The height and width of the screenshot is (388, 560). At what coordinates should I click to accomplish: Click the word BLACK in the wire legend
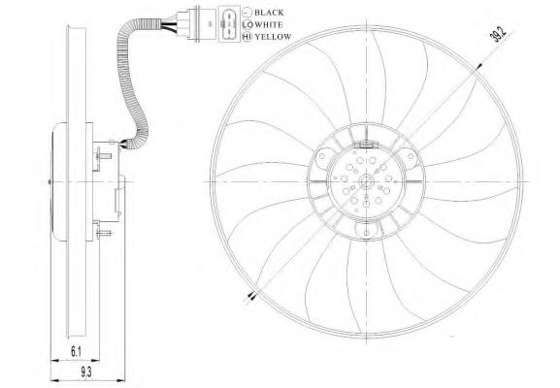point(269,13)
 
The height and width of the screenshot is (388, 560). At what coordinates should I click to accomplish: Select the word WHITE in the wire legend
point(268,24)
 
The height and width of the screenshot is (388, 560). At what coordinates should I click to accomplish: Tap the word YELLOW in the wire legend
point(274,37)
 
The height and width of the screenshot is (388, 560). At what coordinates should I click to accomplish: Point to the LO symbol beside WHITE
point(247,24)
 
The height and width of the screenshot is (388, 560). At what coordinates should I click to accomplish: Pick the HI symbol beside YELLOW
point(247,37)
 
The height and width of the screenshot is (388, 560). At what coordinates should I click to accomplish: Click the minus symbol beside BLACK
point(247,13)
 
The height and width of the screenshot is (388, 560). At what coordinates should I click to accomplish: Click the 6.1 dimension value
point(76,352)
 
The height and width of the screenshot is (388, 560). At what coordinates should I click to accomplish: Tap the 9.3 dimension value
point(85,372)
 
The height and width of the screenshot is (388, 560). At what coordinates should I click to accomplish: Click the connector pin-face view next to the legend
point(229,24)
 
